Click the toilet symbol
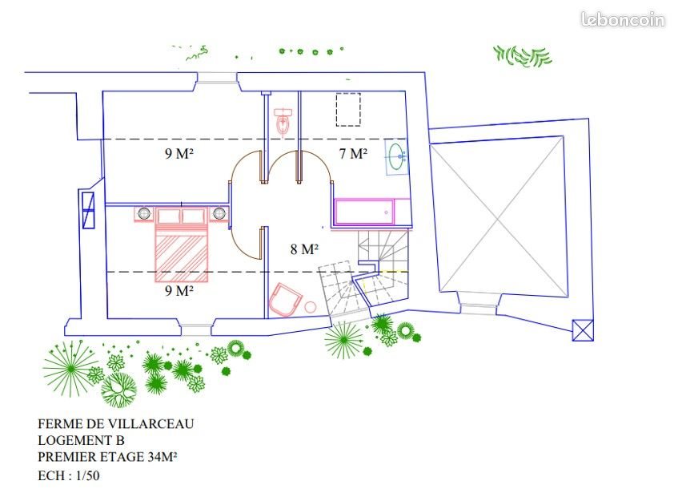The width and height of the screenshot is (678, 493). (281, 121)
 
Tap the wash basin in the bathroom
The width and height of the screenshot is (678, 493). (396, 156)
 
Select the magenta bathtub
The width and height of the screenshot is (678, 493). (363, 212)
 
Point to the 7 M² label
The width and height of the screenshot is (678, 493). (352, 154)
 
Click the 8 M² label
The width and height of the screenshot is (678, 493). (304, 249)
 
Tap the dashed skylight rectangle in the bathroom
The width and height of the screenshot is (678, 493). (348, 109)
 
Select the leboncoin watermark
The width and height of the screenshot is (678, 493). (623, 20)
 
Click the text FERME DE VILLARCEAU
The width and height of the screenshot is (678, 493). (115, 423)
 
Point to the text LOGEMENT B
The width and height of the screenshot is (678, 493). (81, 440)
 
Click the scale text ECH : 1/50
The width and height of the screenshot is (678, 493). (71, 475)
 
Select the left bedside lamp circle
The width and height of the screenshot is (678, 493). (144, 213)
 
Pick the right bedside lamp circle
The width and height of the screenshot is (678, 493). (219, 213)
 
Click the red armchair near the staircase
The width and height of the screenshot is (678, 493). (286, 301)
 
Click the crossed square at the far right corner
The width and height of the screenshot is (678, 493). (584, 329)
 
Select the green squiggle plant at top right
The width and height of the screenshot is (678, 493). (523, 55)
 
